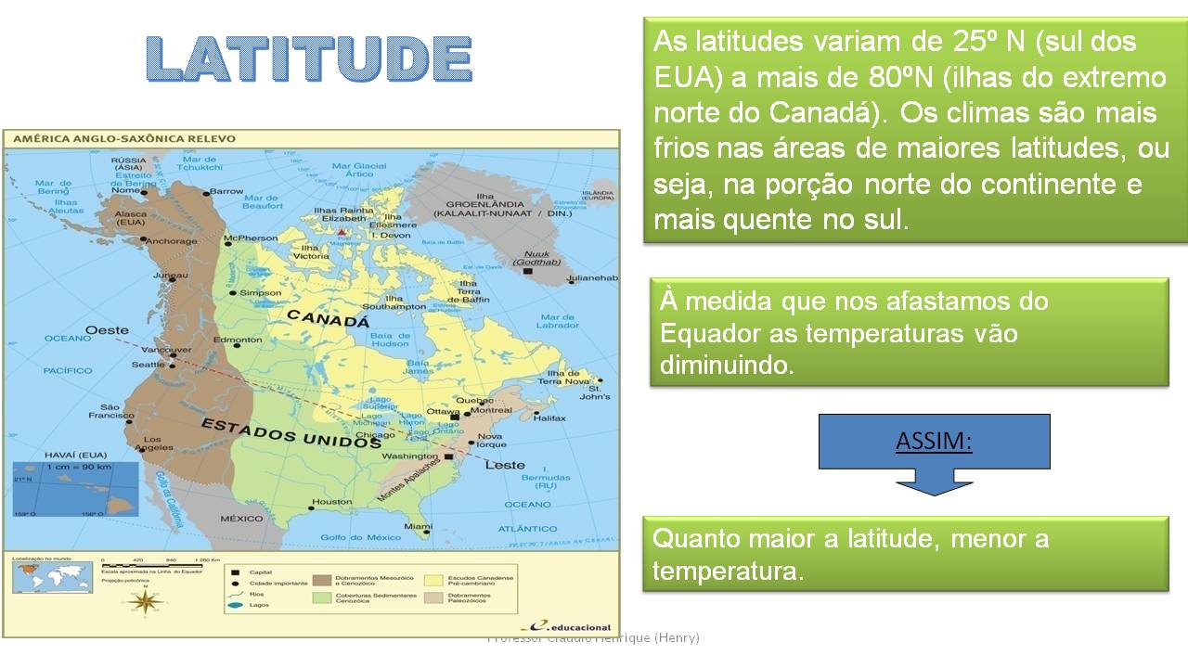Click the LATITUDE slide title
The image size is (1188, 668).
pyautogui.click(x=309, y=59)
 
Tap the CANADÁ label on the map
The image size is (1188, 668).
pyautogui.click(x=329, y=320)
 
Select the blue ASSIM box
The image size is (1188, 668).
pyautogui.click(x=934, y=441)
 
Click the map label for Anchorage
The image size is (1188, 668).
pyautogui.click(x=173, y=241)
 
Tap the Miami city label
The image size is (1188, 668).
pyautogui.click(x=419, y=527)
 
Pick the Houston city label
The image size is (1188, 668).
pyautogui.click(x=331, y=502)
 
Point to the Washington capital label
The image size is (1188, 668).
pyautogui.click(x=409, y=456)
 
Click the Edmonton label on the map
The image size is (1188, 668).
pyautogui.click(x=238, y=340)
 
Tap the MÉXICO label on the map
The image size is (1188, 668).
pyautogui.click(x=241, y=519)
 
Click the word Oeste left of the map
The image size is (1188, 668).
pyautogui.click(x=107, y=330)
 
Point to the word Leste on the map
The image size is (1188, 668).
pyautogui.click(x=505, y=465)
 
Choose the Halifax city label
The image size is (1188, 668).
pyautogui.click(x=549, y=418)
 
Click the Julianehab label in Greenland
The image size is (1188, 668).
pyautogui.click(x=592, y=278)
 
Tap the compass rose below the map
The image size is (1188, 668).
pyautogui.click(x=146, y=601)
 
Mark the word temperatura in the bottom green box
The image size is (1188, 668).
pyautogui.click(x=726, y=571)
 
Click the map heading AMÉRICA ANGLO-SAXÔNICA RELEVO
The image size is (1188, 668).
pyautogui.click(x=123, y=139)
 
